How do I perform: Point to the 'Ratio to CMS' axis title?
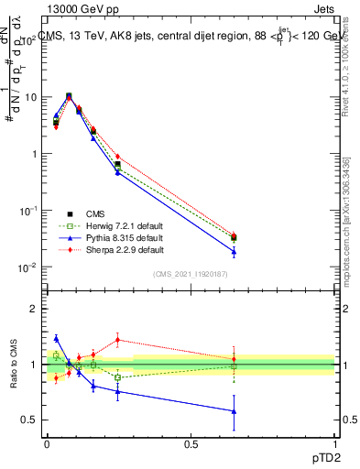[x=13, y=365]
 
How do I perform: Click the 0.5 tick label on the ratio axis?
[x=27, y=420]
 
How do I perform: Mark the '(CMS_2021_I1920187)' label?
[x=191, y=273]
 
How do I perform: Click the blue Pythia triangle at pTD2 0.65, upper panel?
[x=234, y=252]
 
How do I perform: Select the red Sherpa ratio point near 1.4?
[x=117, y=340]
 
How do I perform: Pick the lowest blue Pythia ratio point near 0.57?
[x=234, y=411]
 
